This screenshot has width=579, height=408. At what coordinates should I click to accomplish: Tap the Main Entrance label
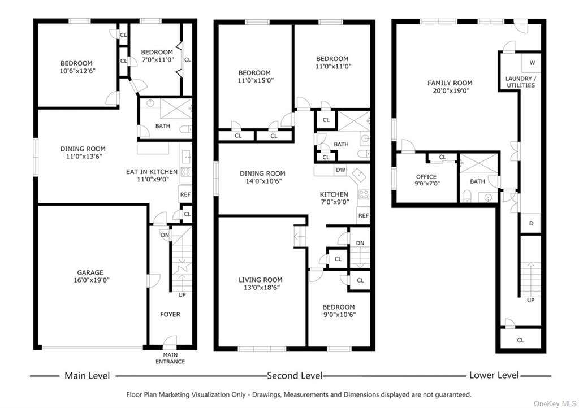pos(170,358)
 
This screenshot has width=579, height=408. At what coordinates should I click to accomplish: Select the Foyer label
pos(170,314)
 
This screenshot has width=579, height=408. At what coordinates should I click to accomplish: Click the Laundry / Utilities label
pos(521,82)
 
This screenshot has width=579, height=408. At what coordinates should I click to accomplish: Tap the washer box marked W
pos(532,63)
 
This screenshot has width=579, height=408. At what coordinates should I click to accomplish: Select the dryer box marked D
pos(531,223)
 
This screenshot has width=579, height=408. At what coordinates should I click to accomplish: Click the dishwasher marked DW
pos(341,170)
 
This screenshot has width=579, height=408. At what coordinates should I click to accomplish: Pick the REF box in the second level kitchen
pos(364,215)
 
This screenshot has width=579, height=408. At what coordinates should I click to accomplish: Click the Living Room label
pos(260,280)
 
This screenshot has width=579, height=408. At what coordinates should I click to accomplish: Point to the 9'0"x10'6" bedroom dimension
pos(339,315)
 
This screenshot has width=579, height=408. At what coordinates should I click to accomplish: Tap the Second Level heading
pos(295,376)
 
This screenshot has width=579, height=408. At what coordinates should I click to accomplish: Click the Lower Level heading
pos(494,375)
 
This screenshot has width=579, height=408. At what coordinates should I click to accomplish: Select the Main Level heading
pos(87,376)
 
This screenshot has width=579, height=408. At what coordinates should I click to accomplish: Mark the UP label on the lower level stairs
pos(530,300)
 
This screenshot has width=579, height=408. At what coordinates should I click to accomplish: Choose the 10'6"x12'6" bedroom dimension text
pos(77,71)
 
